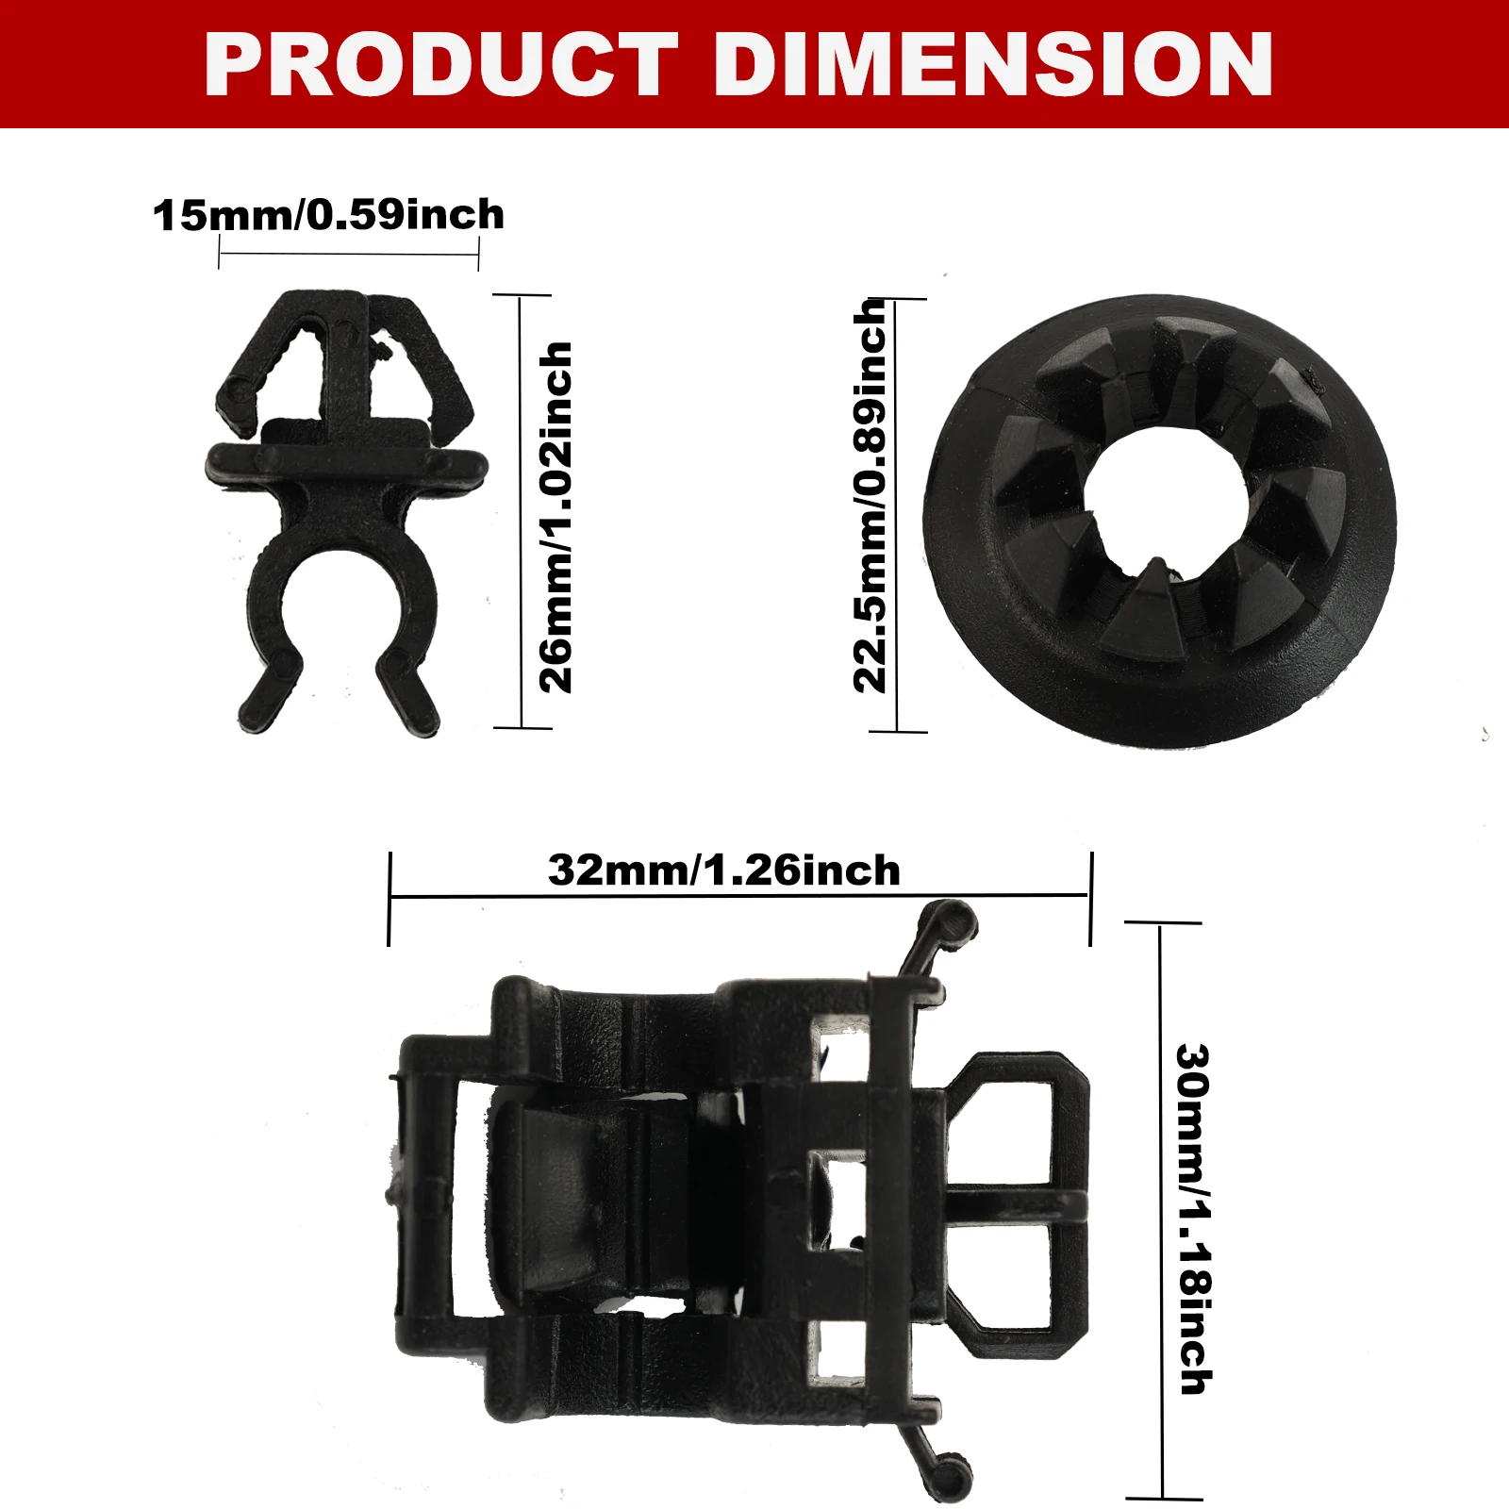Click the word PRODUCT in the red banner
tap(441, 64)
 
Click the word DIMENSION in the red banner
tap(994, 64)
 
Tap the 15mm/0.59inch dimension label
tap(329, 215)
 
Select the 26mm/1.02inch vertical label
tap(556, 518)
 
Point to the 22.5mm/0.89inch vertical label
tap(870, 497)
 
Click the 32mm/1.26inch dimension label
tap(724, 870)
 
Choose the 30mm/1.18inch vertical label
tap(1195, 1219)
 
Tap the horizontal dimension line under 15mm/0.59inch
tap(349, 254)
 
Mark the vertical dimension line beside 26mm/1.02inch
tap(521, 511)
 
